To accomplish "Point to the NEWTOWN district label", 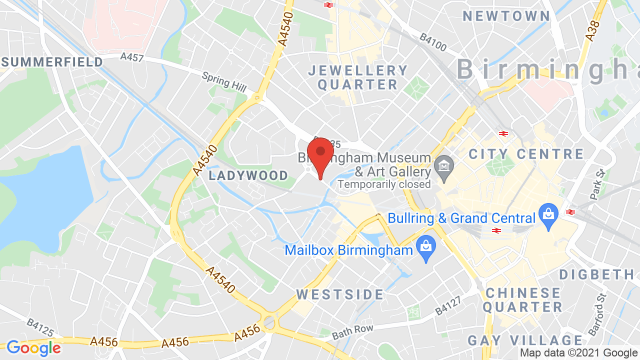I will coord(506,16).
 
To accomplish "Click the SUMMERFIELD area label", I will coord(52,62).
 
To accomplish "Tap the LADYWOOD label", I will coord(248,175).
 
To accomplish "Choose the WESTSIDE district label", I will coord(340,294).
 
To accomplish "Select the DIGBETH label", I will coord(597,274).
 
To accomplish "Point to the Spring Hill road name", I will coord(224,81).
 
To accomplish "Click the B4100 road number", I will coord(433,42).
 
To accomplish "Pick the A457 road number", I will coord(132,57).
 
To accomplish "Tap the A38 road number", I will coord(592,31).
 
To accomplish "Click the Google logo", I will coord(33,348).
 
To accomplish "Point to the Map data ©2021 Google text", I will coord(578,353).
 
